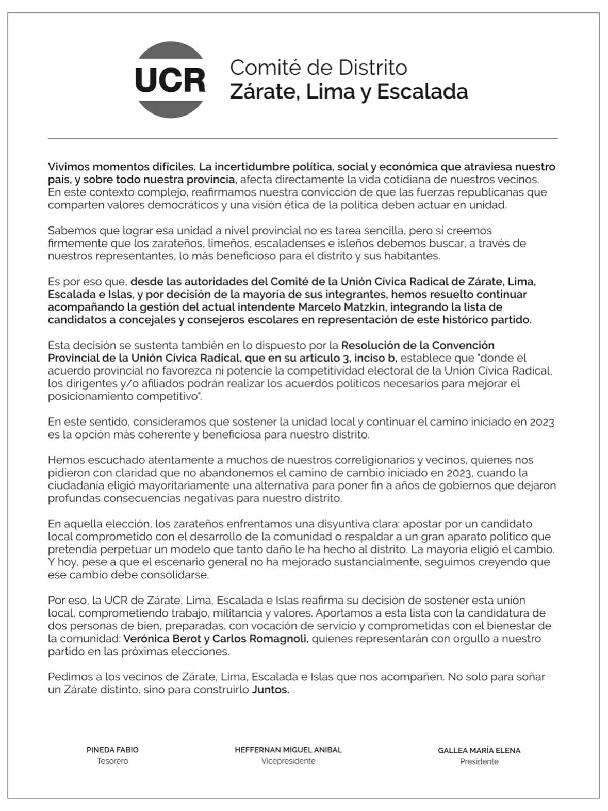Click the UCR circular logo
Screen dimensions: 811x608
click(170, 80)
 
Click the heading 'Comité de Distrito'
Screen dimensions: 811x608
click(318, 68)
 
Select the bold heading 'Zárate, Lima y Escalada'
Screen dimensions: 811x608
click(349, 92)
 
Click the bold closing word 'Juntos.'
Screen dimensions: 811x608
click(270, 690)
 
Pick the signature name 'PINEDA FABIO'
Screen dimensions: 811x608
click(112, 750)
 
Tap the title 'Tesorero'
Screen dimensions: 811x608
click(112, 761)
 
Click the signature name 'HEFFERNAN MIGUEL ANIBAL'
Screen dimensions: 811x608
click(288, 750)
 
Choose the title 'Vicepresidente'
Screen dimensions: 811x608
click(288, 761)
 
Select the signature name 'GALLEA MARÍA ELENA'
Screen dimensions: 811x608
click(479, 750)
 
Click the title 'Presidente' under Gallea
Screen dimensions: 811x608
click(479, 761)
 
